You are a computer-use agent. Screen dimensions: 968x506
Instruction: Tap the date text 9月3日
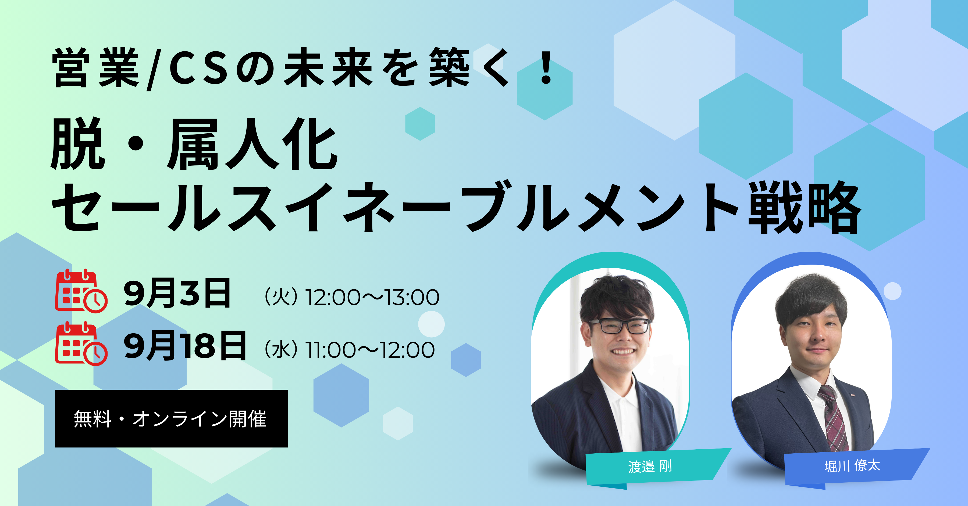point(177,293)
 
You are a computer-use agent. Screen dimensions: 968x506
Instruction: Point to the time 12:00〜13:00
point(372,297)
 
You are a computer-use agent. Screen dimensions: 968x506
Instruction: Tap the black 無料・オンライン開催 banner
point(171,418)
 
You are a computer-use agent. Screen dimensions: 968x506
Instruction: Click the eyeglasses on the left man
point(620,326)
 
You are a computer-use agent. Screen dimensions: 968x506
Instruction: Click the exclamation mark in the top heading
point(546,68)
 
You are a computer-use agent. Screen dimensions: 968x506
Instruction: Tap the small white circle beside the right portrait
point(892,291)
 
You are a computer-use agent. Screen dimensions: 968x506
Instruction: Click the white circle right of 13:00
point(431,324)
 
